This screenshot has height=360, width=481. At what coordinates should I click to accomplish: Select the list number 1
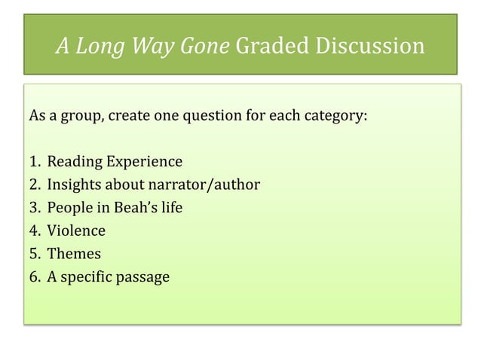click(x=35, y=162)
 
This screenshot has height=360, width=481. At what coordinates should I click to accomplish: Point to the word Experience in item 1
click(x=144, y=162)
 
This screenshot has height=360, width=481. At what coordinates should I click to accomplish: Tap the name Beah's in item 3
click(x=133, y=208)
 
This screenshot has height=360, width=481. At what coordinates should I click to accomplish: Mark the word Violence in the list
click(x=76, y=230)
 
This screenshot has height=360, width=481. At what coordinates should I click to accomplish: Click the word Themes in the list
click(x=74, y=254)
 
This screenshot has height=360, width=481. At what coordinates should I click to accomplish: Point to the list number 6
click(x=35, y=276)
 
